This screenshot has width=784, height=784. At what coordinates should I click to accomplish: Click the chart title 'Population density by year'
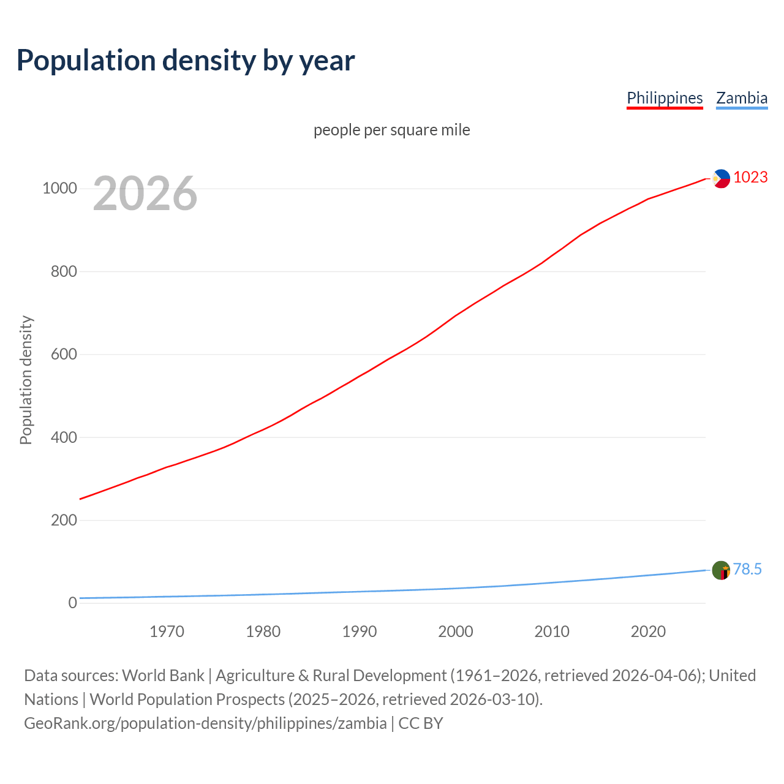186,61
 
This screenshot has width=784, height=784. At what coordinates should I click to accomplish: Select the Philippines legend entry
665,98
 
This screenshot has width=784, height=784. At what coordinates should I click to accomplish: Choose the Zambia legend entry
742,98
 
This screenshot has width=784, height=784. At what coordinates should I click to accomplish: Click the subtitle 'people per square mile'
392,130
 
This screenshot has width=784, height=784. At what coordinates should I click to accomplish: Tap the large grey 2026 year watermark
145,194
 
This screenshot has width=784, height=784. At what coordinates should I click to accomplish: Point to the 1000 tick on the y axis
59,188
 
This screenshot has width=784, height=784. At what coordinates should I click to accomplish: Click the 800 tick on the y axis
64,271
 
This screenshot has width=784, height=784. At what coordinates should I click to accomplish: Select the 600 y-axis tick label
64,354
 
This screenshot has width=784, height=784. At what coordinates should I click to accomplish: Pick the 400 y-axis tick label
64,437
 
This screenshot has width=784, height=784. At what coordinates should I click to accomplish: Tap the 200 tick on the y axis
64,520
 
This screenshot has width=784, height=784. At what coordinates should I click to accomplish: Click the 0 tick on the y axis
72,603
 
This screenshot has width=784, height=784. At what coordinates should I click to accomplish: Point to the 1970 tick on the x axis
167,631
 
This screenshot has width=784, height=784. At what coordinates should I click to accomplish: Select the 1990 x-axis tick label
360,631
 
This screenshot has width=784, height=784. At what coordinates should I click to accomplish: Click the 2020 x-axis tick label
648,631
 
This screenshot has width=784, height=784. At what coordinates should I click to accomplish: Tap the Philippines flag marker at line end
721,179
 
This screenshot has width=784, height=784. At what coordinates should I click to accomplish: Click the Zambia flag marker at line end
721,570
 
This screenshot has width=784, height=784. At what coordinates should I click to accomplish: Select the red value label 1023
750,178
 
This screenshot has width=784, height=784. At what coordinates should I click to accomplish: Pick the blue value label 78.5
747,570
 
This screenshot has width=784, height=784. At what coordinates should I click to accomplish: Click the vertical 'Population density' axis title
26,380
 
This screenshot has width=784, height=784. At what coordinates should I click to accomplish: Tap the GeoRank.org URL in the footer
205,723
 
